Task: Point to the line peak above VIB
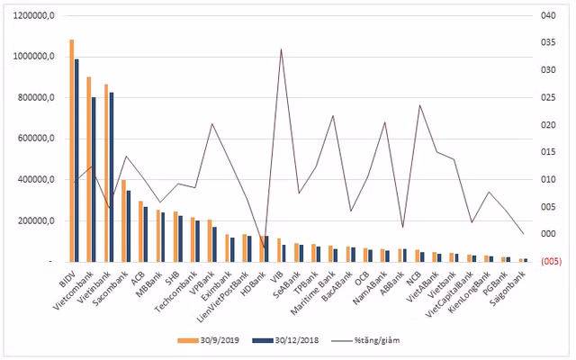pos(282,49)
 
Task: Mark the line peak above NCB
pos(419,105)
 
